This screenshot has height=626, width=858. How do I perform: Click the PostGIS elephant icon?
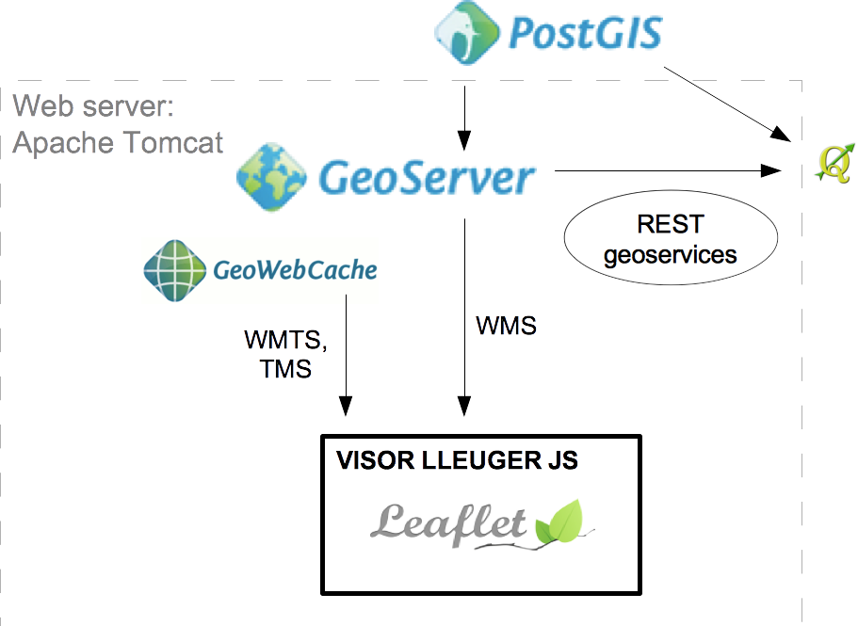465,35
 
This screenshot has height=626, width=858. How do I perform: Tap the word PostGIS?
585,34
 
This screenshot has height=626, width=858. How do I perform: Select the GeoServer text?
427,177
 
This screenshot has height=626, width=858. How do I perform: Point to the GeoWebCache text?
296,271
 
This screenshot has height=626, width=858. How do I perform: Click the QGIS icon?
834,162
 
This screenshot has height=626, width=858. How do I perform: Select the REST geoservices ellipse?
670,239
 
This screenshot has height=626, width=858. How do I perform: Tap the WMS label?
506,326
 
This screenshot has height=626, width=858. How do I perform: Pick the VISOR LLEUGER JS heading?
457,461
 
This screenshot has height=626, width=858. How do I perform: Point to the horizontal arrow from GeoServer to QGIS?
669,170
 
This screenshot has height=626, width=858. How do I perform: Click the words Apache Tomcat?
118,142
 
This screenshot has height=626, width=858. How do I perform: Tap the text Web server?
93,105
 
